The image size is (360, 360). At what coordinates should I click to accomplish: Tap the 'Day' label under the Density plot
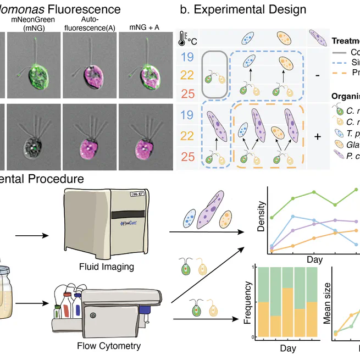[314, 259]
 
